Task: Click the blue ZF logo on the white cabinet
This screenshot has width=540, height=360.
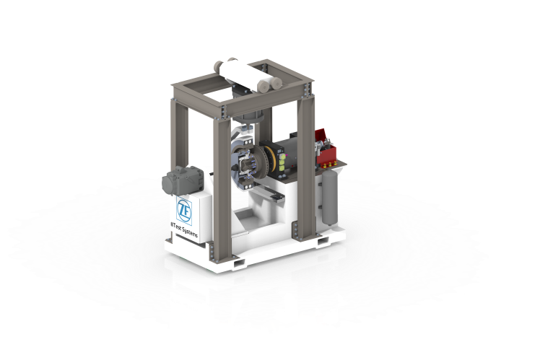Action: [x=183, y=207]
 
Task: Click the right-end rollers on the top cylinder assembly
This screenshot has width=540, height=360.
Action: [x=268, y=84]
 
